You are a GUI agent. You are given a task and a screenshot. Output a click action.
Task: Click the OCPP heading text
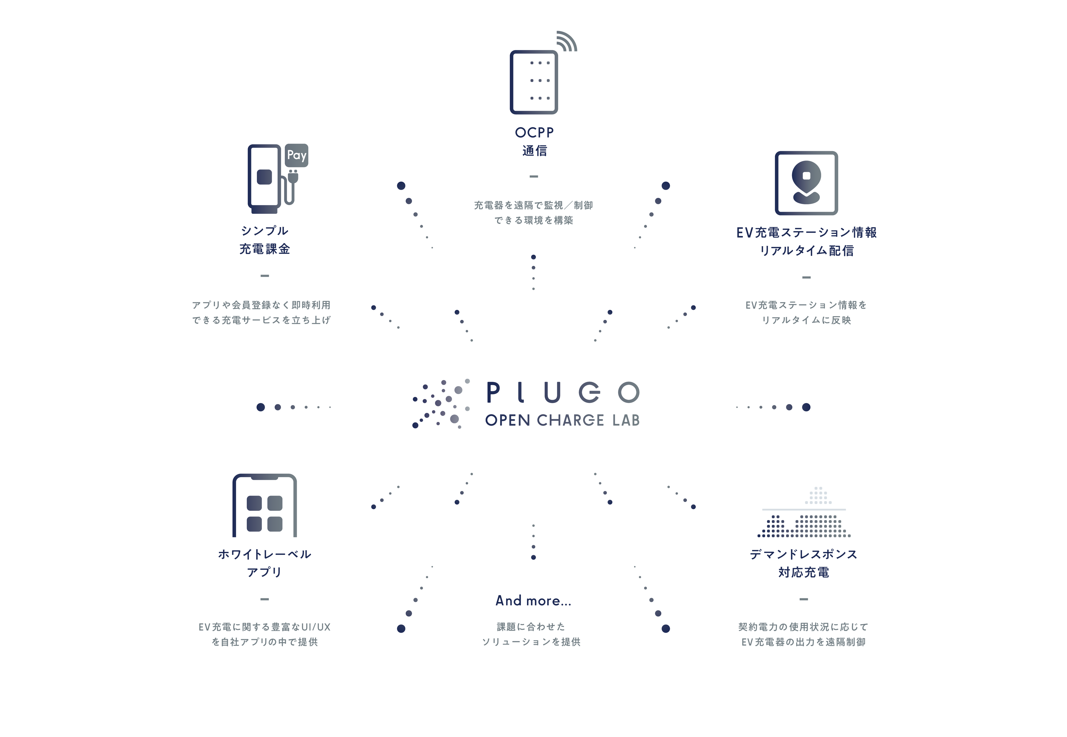[534, 133]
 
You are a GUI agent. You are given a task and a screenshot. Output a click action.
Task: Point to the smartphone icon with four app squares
[264, 506]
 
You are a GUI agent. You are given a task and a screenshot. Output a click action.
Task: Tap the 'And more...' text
[533, 601]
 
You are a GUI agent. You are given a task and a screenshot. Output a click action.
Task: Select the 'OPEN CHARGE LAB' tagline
[562, 420]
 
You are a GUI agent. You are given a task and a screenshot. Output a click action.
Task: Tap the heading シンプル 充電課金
[265, 240]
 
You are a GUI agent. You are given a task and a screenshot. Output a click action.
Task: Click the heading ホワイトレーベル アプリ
[265, 563]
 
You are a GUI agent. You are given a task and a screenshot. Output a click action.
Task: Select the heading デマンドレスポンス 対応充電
[804, 563]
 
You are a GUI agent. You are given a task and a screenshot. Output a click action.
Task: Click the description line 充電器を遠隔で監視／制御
[533, 205]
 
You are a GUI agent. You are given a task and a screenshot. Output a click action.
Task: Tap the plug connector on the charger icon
[292, 176]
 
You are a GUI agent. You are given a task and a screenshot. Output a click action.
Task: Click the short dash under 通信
[533, 176]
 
